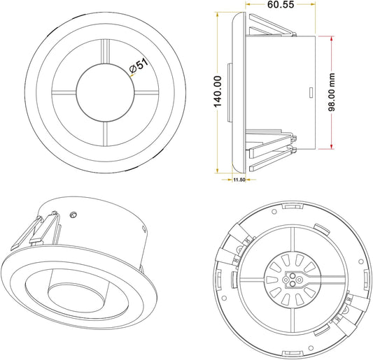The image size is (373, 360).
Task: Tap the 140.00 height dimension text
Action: point(218,91)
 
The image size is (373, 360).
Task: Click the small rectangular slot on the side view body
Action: point(310,91)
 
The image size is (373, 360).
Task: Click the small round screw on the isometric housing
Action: point(73,215)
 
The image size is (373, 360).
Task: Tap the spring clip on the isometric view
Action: point(35,234)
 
